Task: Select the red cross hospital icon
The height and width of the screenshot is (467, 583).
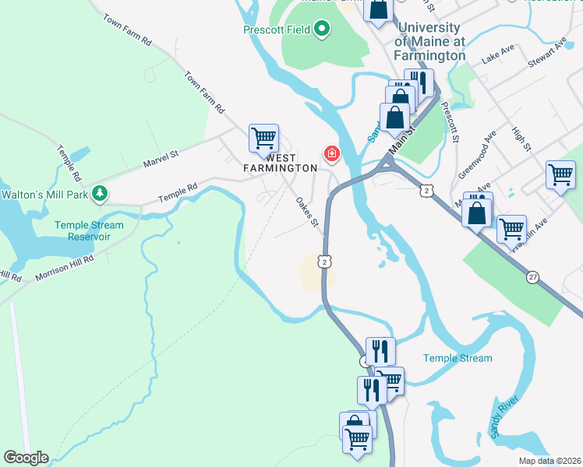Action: (x=332, y=154)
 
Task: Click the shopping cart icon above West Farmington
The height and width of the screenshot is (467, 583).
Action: (x=263, y=139)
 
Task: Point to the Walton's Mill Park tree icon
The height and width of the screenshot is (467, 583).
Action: (x=99, y=192)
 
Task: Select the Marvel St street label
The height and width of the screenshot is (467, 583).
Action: (x=161, y=160)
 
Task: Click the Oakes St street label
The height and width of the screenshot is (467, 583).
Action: (x=308, y=212)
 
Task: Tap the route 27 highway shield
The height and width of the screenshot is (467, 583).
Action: (x=532, y=277)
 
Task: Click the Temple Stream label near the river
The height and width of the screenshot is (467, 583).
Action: (x=458, y=358)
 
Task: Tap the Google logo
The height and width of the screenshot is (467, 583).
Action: (x=26, y=458)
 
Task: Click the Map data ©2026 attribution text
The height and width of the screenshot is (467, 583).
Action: (x=549, y=461)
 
